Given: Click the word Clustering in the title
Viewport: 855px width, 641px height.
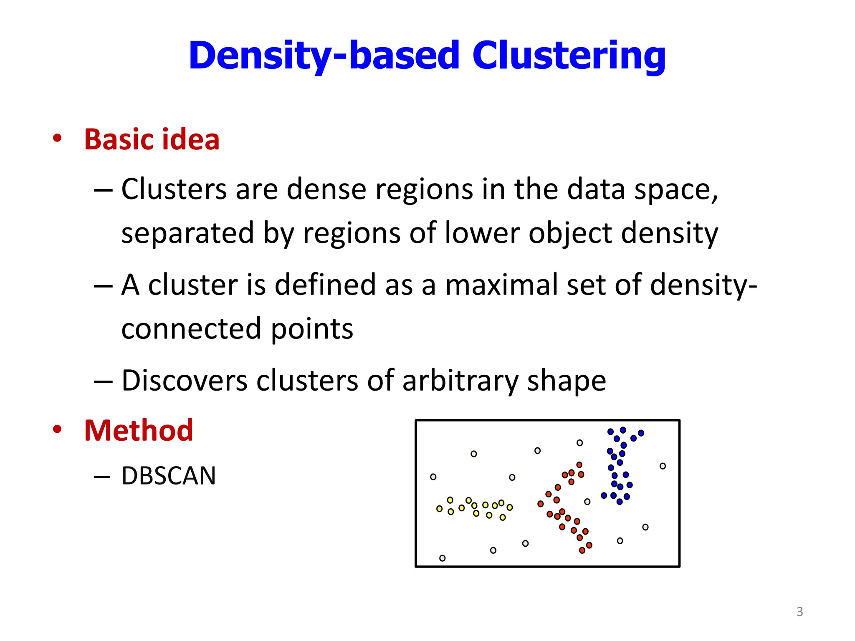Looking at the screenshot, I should (569, 56).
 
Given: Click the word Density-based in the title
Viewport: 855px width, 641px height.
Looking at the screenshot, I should (324, 56).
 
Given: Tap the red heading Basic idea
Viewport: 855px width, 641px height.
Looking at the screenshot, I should (152, 139).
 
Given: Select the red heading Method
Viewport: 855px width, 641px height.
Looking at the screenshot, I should (138, 430).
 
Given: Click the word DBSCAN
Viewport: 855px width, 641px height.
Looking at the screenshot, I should (168, 476).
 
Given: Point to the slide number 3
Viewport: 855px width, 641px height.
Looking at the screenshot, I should (799, 612).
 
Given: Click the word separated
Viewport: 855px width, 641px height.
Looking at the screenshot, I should (187, 233).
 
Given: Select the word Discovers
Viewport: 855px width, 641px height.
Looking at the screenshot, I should (185, 381).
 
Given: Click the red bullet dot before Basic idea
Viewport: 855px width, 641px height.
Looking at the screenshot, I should (57, 138).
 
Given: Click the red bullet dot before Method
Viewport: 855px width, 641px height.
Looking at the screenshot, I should (57, 429).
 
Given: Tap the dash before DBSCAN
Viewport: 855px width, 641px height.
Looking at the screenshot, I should (102, 477).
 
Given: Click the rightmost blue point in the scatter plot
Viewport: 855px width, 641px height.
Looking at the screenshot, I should (641, 433).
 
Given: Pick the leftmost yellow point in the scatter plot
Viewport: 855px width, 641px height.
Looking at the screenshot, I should (439, 509).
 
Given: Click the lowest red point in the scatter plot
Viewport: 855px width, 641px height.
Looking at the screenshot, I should (582, 550).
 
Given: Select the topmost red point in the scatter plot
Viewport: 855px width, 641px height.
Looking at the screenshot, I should (579, 465).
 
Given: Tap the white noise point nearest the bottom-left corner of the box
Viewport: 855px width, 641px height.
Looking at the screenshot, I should (442, 558).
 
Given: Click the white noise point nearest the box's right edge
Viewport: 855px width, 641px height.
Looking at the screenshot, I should (663, 466).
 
